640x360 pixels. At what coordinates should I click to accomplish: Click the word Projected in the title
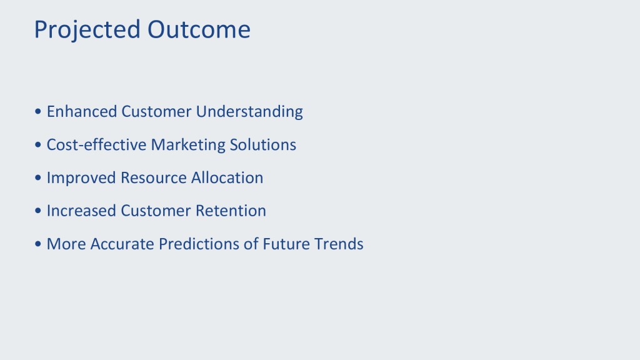87,30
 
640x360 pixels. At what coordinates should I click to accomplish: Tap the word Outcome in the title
199,29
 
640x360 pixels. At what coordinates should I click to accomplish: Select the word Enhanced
82,111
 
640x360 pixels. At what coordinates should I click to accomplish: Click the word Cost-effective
96,144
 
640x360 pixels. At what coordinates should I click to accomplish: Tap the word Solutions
263,144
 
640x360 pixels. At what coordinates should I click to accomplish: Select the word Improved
82,178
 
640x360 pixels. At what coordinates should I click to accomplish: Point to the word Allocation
227,177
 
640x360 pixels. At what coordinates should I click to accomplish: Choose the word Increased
82,211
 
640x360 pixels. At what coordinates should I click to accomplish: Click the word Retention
231,211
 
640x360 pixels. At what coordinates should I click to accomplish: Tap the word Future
286,244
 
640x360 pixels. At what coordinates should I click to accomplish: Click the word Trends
339,244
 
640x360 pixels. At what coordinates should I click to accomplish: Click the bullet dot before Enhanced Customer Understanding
38,111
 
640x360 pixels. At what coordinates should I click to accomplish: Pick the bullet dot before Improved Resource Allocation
38,177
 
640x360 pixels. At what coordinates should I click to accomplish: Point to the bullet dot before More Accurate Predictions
38,244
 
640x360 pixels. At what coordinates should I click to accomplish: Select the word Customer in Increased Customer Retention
156,211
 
